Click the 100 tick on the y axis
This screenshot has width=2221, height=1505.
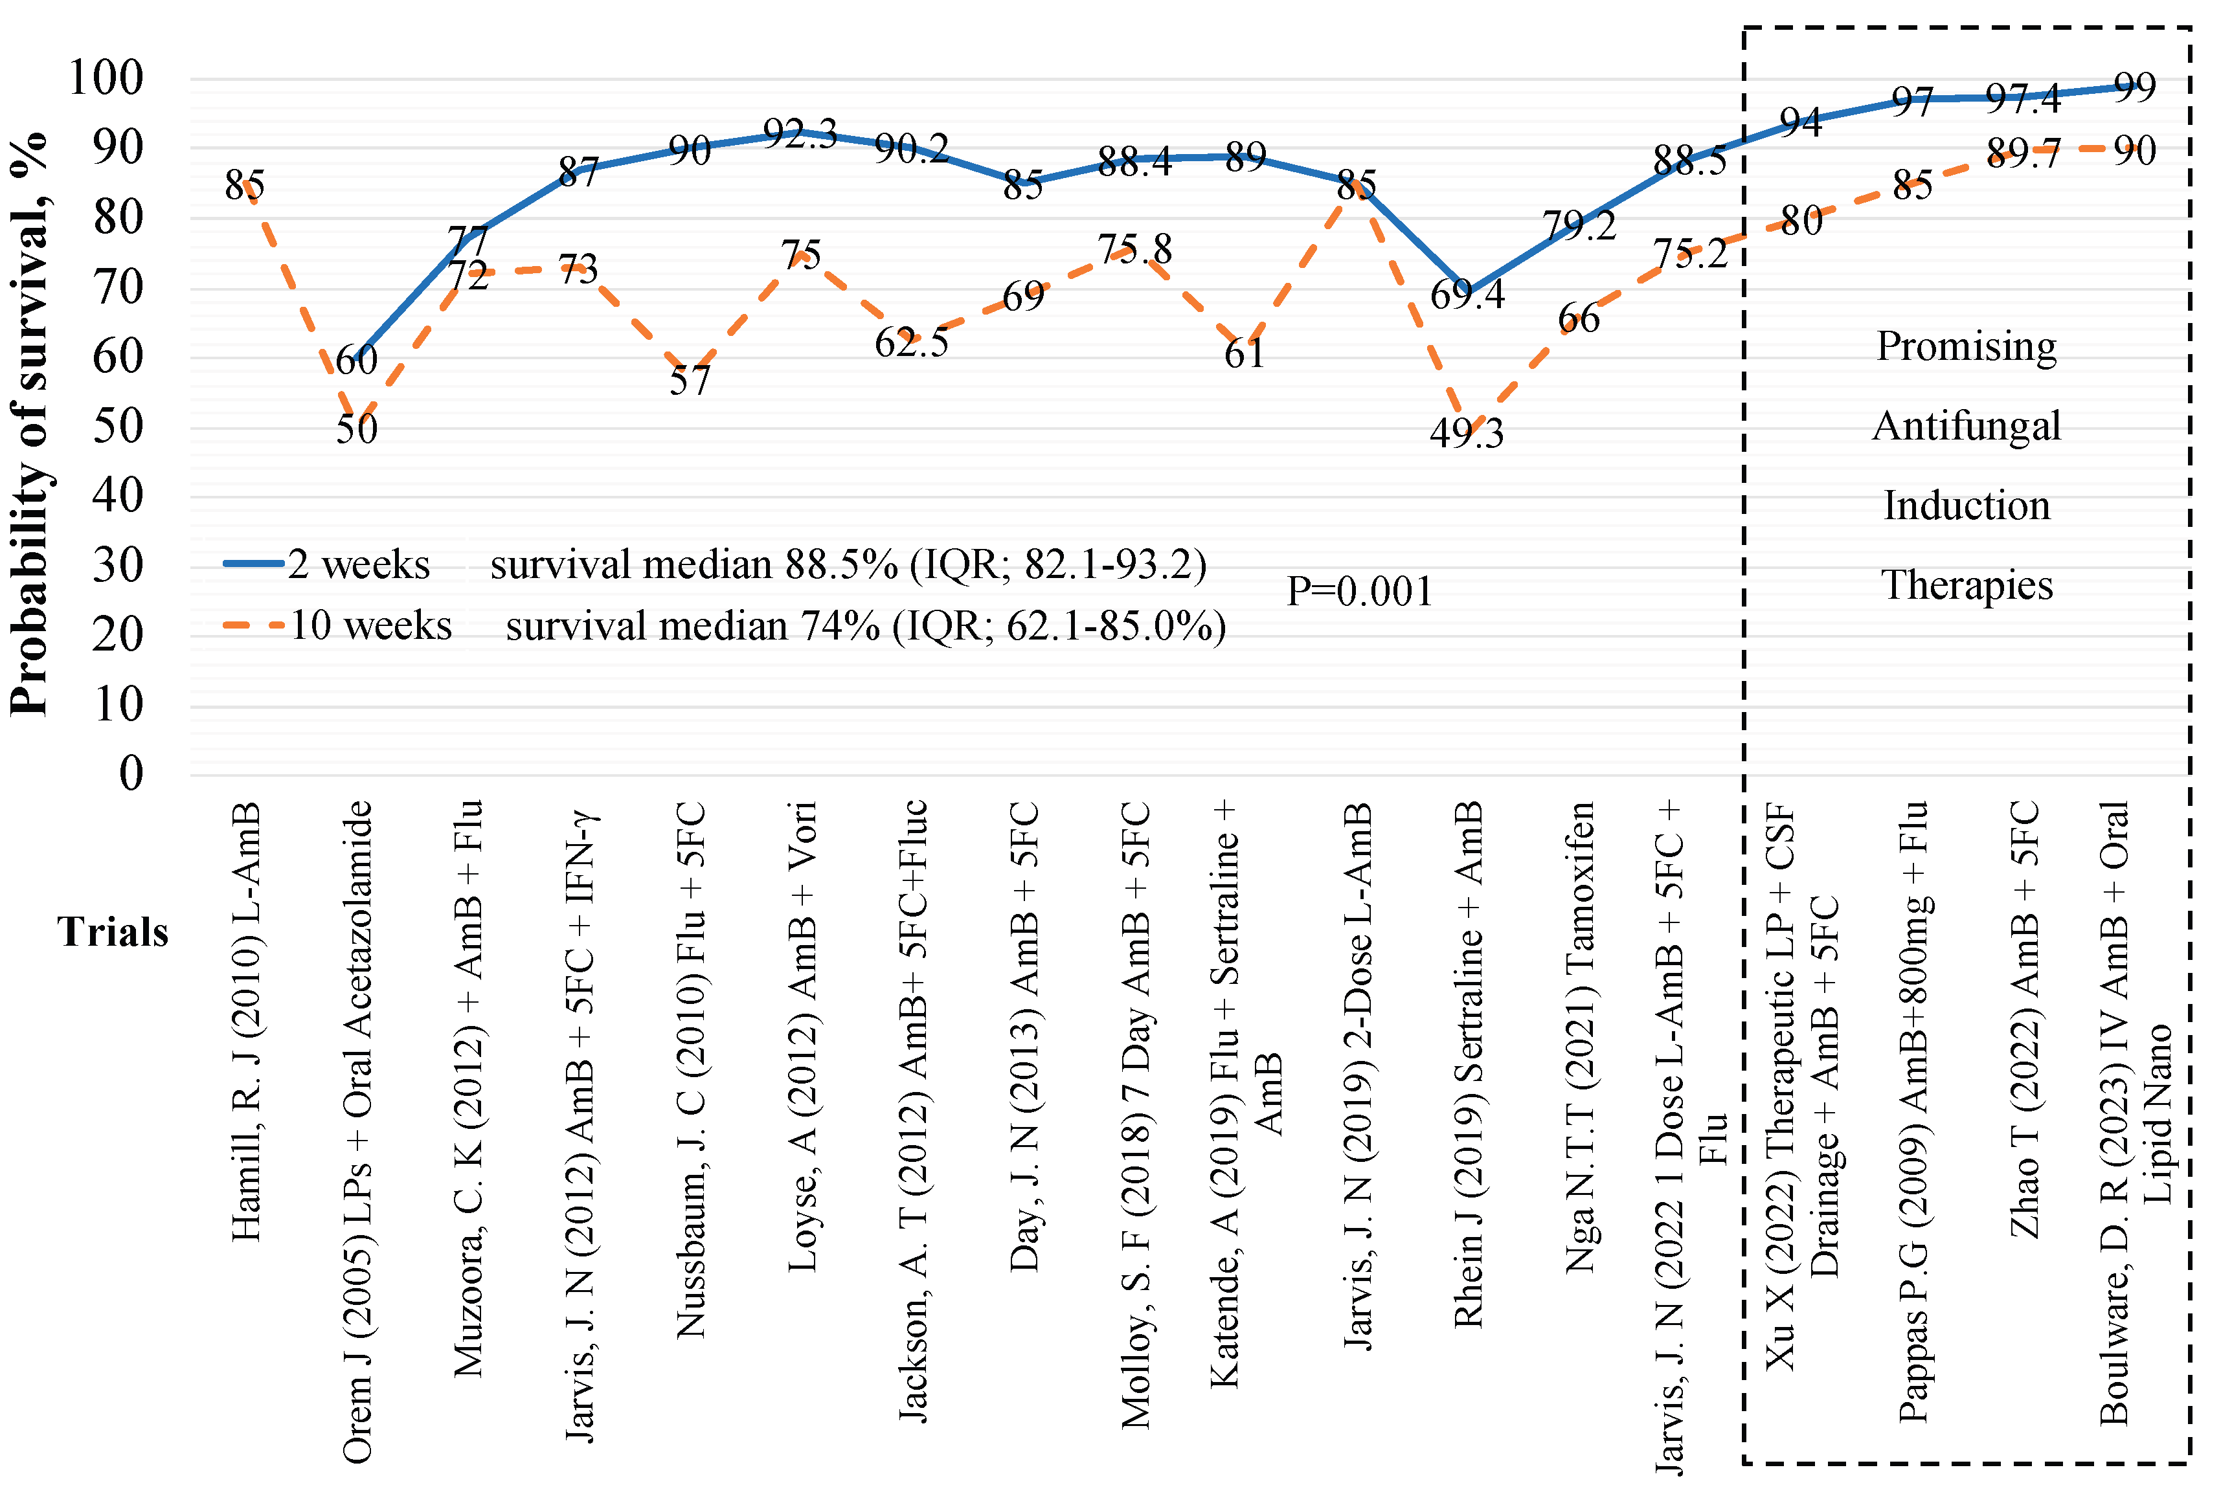[x=105, y=78]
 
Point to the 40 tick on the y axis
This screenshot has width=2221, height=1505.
[x=118, y=495]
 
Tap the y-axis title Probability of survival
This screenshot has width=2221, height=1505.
[x=28, y=425]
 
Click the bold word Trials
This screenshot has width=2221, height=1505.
[x=112, y=931]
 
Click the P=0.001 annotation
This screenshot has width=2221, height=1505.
[x=1359, y=592]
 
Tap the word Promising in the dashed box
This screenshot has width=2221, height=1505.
[x=1966, y=346]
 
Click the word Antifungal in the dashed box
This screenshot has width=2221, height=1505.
[x=1966, y=426]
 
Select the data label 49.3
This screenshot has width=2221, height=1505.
[x=1466, y=434]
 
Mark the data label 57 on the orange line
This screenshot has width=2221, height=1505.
[x=689, y=381]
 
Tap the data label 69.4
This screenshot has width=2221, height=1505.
[x=1466, y=295]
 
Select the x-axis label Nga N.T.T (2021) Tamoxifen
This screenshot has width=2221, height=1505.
[x=1579, y=1037]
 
